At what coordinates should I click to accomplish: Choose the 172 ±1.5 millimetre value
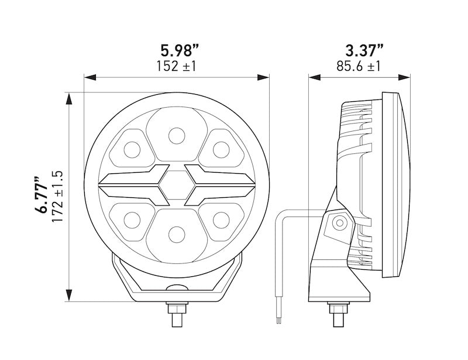(57, 196)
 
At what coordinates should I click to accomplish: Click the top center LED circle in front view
(176, 136)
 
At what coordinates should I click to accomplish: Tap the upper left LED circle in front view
(132, 149)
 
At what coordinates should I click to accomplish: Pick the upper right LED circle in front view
(221, 149)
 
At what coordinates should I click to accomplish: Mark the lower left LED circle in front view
(132, 220)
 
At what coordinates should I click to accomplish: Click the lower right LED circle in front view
(221, 220)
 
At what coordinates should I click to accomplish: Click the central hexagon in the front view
(176, 185)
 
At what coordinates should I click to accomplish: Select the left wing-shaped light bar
(133, 185)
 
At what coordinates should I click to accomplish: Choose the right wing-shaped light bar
(219, 185)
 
